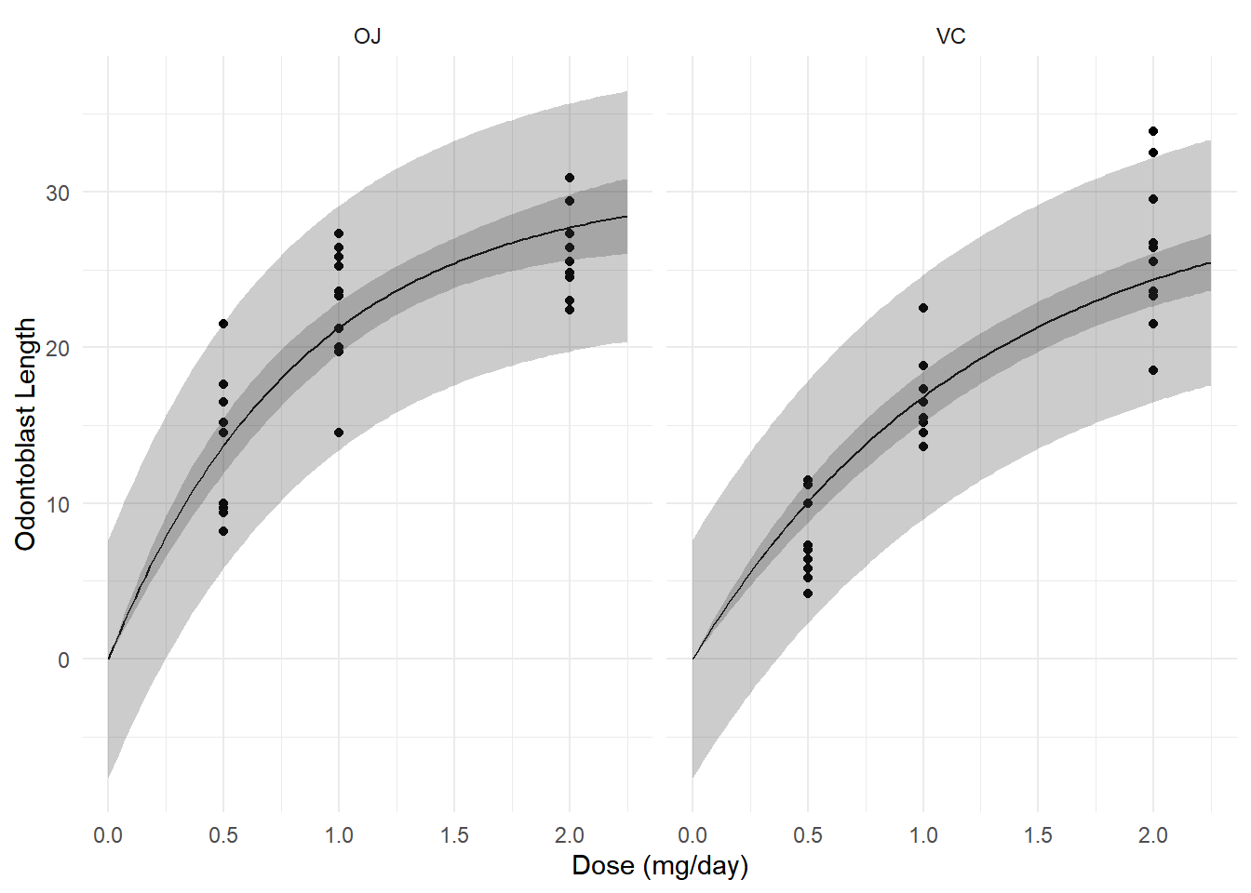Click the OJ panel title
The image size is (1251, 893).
[x=368, y=37]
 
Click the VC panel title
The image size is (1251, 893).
[x=950, y=37]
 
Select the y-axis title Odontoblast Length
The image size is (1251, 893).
[x=26, y=433]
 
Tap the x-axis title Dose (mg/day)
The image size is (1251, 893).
[x=659, y=866]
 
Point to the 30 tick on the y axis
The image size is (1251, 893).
[x=58, y=193]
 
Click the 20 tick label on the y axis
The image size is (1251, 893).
[x=58, y=348]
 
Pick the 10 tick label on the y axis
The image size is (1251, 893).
[x=58, y=504]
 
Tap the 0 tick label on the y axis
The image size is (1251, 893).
[x=63, y=660]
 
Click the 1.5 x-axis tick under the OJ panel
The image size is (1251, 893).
[x=454, y=835]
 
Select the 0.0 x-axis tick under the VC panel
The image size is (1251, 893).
[x=693, y=835]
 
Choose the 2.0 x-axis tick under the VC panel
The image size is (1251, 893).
[x=1153, y=835]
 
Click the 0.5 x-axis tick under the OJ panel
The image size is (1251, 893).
[x=223, y=835]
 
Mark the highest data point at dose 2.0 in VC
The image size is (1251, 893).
[x=1153, y=131]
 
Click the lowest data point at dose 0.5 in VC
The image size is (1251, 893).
[x=808, y=593]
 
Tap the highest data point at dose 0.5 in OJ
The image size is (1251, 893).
[x=223, y=324]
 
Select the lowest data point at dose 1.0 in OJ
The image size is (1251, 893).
[x=339, y=433]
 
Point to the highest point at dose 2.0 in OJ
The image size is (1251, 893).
[x=570, y=178]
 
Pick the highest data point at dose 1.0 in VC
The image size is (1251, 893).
[x=923, y=308]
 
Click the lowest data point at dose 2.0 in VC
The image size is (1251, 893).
[x=1153, y=370]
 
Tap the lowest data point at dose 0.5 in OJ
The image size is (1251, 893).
[x=223, y=531]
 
